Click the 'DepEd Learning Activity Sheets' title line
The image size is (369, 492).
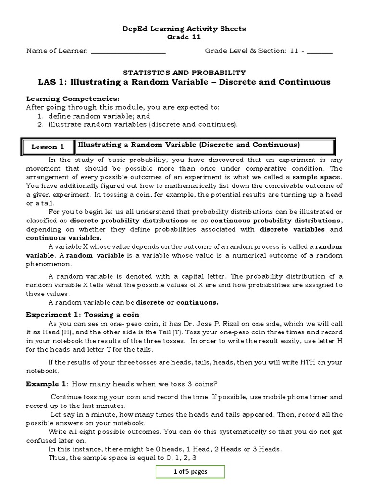tap(184, 29)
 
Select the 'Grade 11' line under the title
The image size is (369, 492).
tap(184, 37)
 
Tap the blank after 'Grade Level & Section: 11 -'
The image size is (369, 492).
tap(322, 51)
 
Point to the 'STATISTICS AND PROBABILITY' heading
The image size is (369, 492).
tap(184, 72)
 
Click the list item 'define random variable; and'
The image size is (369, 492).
tap(99, 116)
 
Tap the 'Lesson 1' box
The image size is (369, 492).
tap(48, 147)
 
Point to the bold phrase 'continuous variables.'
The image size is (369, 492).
tap(63, 238)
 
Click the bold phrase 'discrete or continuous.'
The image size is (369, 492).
tap(177, 302)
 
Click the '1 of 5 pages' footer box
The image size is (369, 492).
tap(190, 471)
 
